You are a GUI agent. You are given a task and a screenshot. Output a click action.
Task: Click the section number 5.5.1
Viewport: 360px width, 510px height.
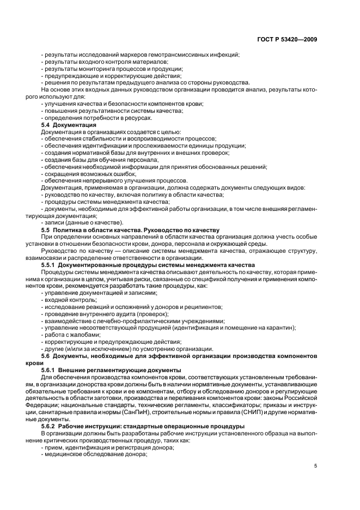point(50,265)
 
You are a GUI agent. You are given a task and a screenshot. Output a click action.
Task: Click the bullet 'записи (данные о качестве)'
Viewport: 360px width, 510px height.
point(82,222)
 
